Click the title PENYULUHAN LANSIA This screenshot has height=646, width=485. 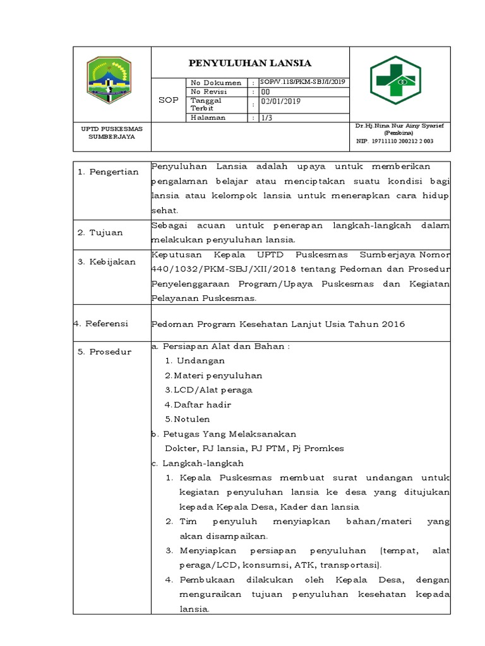[x=251, y=63]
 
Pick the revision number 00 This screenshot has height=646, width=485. [x=265, y=91]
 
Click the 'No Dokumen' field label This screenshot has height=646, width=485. [x=217, y=83]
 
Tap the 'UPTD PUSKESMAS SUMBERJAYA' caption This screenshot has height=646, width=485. [x=112, y=132]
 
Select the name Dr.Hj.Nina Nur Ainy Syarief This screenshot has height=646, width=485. [x=400, y=126]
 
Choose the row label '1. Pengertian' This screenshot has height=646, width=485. [x=108, y=172]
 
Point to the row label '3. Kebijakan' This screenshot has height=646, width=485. [x=106, y=262]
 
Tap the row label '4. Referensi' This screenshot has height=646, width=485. [x=101, y=324]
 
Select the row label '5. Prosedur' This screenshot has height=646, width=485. [x=104, y=352]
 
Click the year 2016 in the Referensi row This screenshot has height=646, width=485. [x=392, y=324]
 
